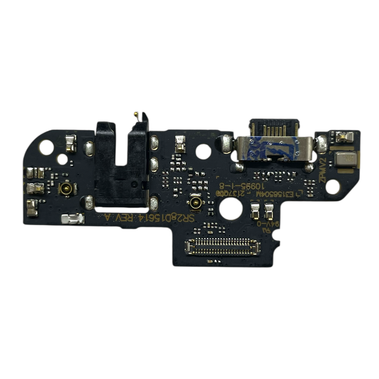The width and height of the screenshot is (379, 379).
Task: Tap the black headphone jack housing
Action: click(121, 165)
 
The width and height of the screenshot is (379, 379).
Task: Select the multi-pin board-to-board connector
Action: click(223, 247)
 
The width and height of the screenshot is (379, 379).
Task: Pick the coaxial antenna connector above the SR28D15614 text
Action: click(195, 202)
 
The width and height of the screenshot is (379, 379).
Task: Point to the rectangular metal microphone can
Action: click(346, 159)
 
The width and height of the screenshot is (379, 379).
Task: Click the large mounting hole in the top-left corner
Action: click(46, 147)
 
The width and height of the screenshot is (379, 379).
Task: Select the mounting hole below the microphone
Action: click(332, 187)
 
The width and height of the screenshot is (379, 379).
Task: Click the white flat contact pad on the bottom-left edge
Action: click(73, 219)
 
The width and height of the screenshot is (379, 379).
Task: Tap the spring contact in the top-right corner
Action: click(344, 137)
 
